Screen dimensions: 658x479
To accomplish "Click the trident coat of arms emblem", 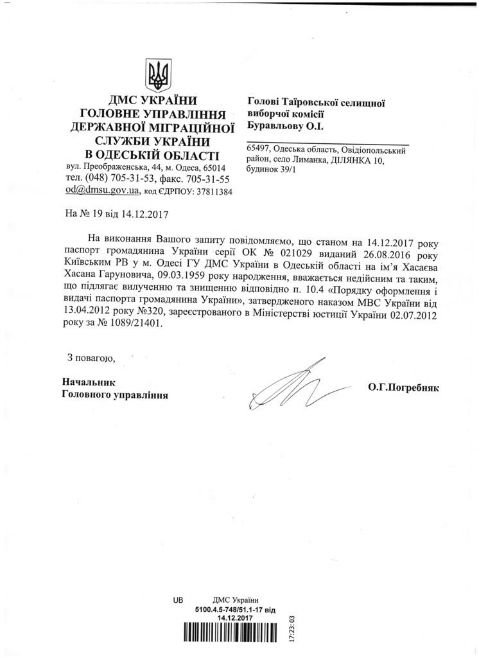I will (157, 75).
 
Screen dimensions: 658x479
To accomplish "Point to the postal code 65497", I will (259, 150).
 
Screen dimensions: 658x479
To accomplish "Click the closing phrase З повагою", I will (91, 357).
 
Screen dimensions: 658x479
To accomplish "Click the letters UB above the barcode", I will (178, 599).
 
